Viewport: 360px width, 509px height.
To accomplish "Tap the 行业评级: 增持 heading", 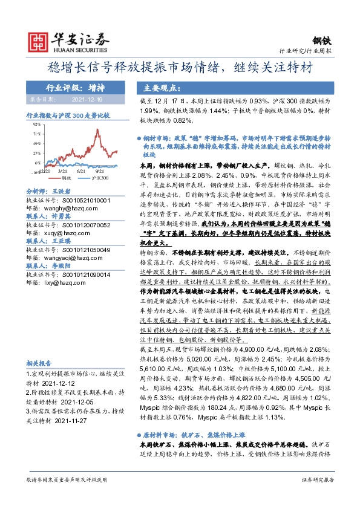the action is [x=75, y=88].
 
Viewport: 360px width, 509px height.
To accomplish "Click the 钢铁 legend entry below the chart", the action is [x=65, y=178].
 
